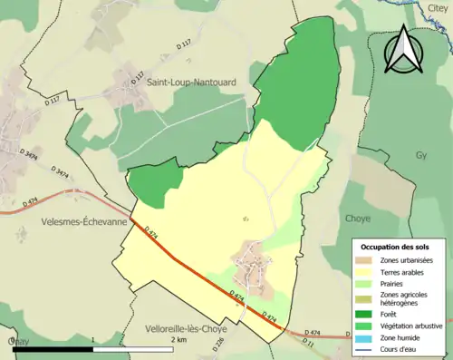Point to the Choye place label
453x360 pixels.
pos(359,219)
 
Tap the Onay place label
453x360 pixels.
pos(18,341)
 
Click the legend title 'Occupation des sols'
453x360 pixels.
pos(397,247)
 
